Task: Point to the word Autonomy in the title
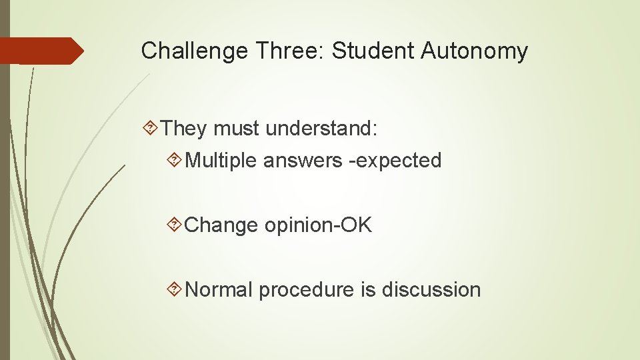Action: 474,51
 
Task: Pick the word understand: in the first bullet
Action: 321,128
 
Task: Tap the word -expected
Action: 393,161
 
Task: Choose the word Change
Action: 221,225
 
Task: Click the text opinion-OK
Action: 318,225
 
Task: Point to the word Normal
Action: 219,290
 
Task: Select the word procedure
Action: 299,290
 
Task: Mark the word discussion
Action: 431,290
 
